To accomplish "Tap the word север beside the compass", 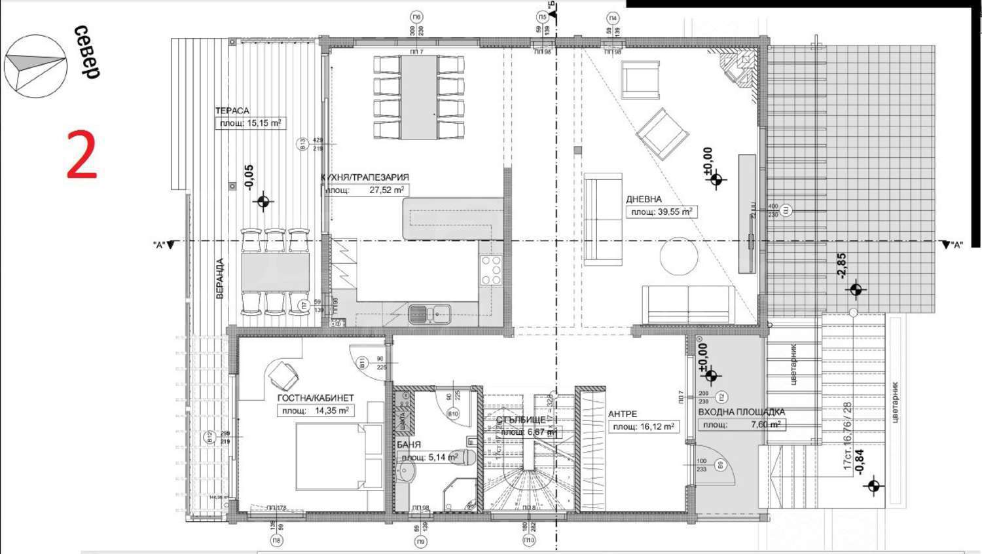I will click(86, 52).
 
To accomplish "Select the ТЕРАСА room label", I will click(232, 111).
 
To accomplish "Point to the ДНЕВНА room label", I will click(644, 199).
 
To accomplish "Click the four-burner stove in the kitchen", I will click(491, 270).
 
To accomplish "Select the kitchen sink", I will click(430, 314).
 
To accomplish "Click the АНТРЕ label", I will click(622, 414).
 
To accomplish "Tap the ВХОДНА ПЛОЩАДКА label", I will click(741, 412).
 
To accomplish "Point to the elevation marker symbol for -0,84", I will click(873, 487).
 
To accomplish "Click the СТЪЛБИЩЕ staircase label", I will click(520, 420).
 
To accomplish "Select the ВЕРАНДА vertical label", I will click(220, 278).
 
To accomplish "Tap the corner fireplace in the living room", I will click(738, 68).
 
